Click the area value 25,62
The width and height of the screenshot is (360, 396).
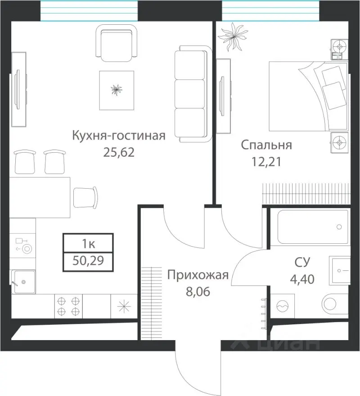[x=119, y=152]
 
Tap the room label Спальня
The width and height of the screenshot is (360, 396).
[x=266, y=145]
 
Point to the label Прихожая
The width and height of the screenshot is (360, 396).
[x=198, y=275]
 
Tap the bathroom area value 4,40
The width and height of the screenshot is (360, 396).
[x=302, y=278]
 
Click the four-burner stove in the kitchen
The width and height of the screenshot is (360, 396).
[x=68, y=305]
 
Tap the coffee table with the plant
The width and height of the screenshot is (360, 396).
[x=117, y=90]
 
